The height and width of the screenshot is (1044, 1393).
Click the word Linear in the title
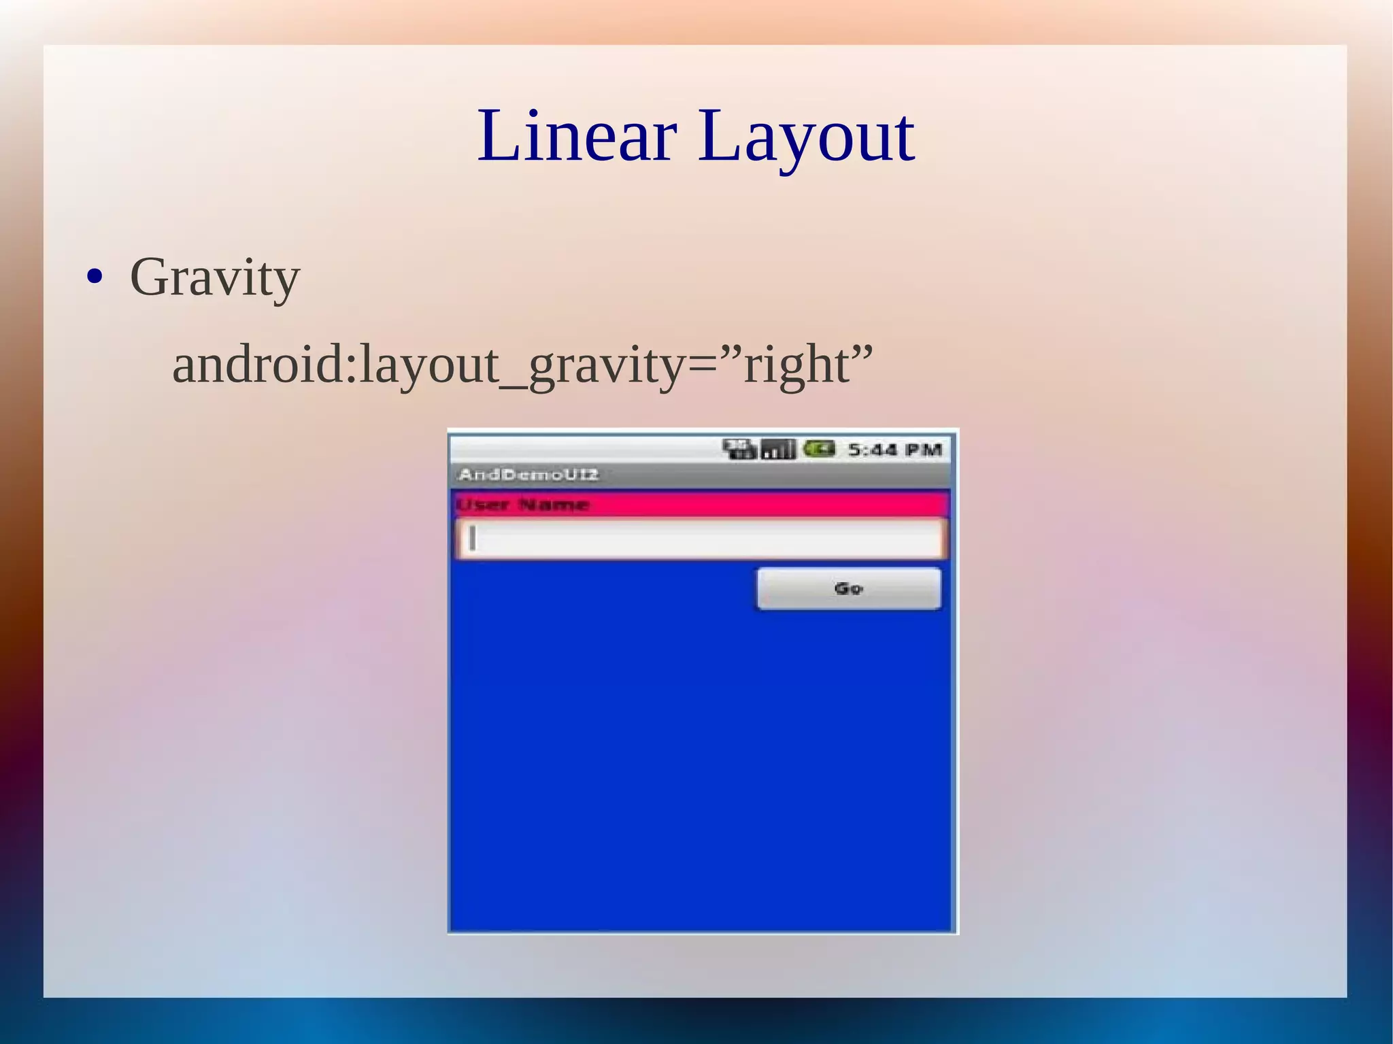(x=577, y=136)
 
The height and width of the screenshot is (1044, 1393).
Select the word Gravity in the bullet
(x=214, y=277)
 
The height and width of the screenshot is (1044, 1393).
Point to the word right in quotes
(x=796, y=366)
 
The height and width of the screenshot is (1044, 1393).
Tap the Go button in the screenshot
(x=849, y=588)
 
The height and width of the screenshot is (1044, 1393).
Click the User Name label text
(x=522, y=505)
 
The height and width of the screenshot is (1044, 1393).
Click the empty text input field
(x=701, y=539)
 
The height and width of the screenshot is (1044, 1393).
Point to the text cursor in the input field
(x=472, y=539)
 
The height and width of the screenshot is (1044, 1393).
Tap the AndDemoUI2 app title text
(x=528, y=474)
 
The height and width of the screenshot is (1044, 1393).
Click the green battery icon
(x=818, y=449)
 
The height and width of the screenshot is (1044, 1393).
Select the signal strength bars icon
(x=777, y=450)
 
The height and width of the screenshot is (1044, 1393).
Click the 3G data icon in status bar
(x=739, y=449)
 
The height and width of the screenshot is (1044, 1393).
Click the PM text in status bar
(x=923, y=450)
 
